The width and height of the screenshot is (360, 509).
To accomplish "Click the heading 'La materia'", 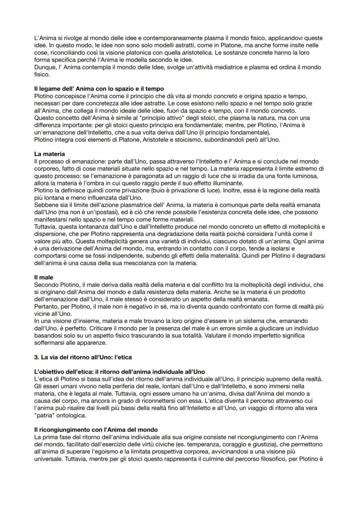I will coord(48,153).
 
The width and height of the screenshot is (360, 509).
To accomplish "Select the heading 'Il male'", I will coord(43,276).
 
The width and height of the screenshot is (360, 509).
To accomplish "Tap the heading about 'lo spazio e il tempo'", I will coord(99,89).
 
